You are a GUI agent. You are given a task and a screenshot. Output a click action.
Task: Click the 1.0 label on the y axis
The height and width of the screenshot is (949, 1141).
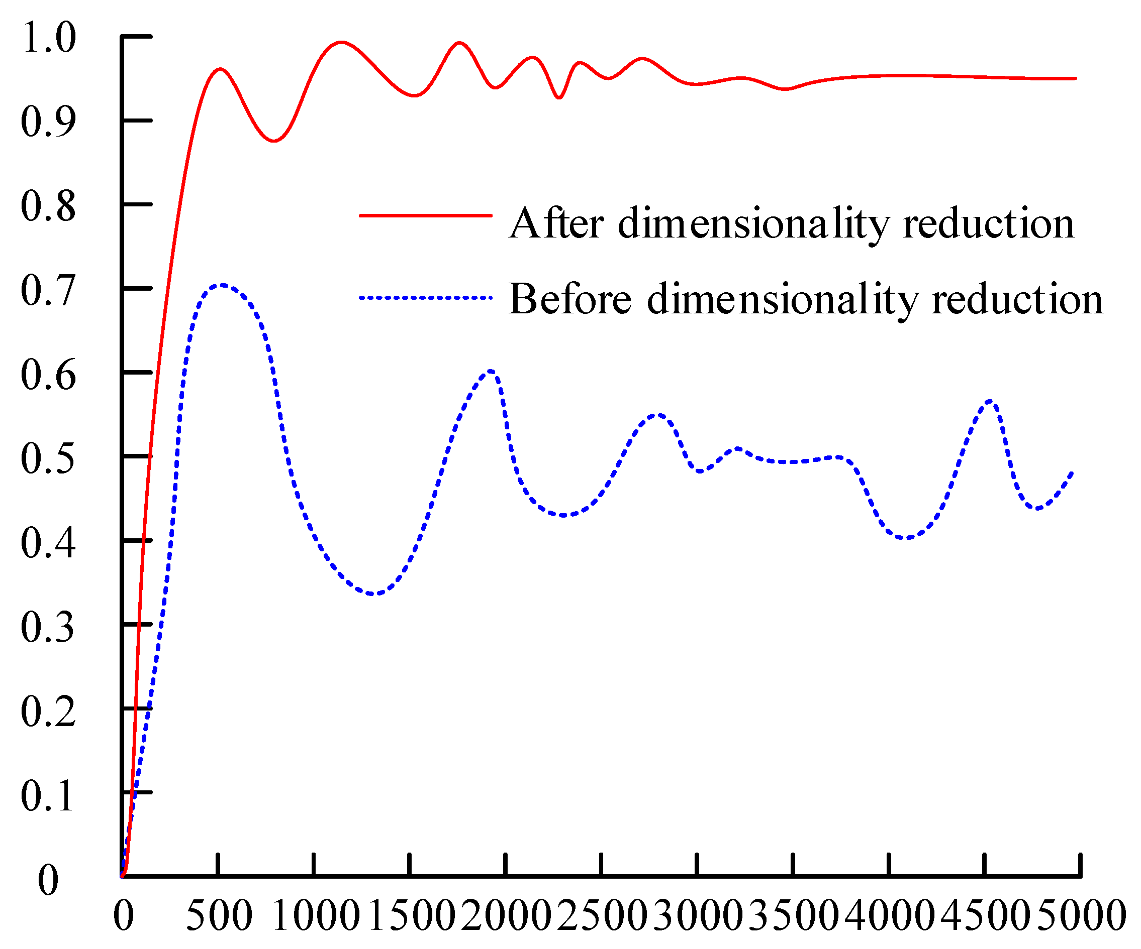(48, 38)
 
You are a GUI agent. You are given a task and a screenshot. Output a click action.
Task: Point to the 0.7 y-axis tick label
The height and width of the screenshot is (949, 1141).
(48, 290)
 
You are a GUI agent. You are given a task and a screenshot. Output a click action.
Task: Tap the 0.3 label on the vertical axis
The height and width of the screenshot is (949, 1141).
(48, 627)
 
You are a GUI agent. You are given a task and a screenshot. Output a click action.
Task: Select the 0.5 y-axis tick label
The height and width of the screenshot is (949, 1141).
(48, 459)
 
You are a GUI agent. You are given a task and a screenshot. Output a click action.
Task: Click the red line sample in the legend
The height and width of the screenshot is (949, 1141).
(425, 215)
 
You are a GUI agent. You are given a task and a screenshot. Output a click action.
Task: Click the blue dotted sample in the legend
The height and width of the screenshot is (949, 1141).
(425, 298)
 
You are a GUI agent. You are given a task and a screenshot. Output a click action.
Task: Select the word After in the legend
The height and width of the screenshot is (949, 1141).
(556, 223)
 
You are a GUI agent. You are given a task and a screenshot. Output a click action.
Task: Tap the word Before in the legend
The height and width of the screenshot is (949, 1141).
(570, 299)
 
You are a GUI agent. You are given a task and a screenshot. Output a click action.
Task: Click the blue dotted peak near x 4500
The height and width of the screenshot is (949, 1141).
(991, 402)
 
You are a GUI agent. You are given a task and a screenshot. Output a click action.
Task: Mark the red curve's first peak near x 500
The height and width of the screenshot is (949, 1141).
(220, 69)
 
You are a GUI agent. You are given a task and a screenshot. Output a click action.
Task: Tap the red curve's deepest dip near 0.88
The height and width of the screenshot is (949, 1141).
(275, 141)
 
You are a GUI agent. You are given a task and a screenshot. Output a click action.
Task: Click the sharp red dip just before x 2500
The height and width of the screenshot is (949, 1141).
(559, 98)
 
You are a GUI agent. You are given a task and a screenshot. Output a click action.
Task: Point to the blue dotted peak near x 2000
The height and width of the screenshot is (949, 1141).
(491, 372)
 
